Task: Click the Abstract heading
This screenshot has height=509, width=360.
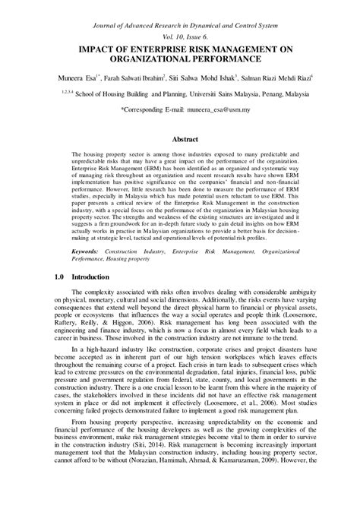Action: (179, 140)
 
